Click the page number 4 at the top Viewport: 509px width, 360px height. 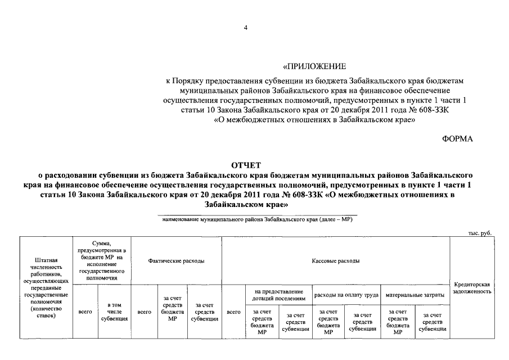(245, 27)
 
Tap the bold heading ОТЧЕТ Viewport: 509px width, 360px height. (246, 165)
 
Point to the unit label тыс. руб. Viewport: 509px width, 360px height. (480, 232)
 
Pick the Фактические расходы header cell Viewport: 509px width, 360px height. (176, 261)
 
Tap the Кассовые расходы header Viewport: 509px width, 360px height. (336, 261)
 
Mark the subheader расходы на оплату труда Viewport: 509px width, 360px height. (346, 295)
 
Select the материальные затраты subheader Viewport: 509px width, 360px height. (415, 295)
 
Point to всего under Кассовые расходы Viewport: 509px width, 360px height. (233, 311)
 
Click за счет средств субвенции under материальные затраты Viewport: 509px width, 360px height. (432, 322)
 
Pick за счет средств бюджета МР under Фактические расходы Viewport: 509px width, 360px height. (173, 311)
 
